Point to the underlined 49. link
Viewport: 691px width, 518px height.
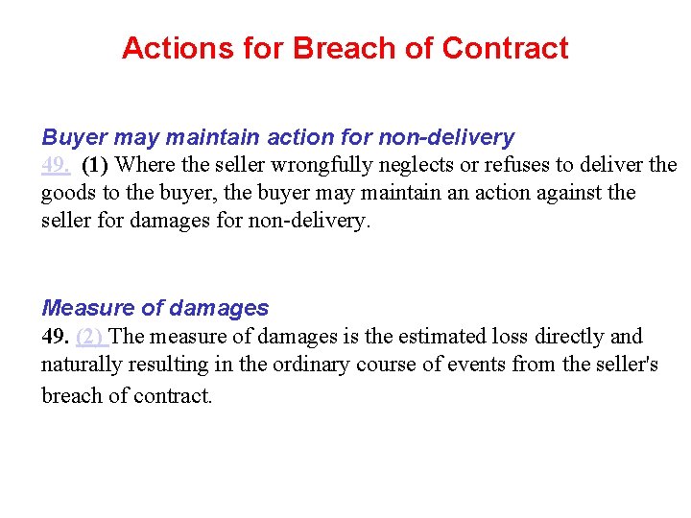click(55, 165)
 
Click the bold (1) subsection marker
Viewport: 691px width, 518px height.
click(95, 165)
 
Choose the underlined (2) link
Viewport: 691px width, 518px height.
click(91, 337)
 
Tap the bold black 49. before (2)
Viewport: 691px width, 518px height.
click(56, 337)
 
